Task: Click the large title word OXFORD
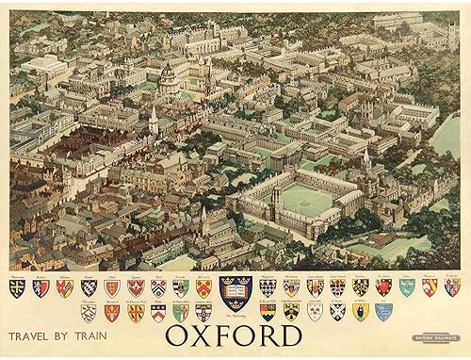(x=235, y=335)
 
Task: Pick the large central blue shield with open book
(x=234, y=291)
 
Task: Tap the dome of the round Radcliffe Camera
(x=169, y=74)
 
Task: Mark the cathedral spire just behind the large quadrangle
(x=366, y=158)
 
